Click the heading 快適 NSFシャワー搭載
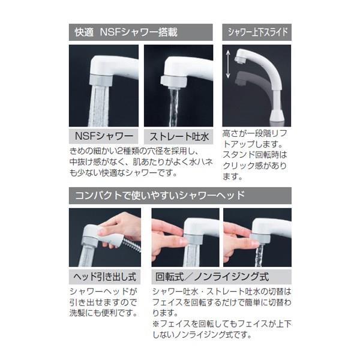point(126,32)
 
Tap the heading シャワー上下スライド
point(257,32)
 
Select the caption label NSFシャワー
point(104,136)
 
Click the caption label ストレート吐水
point(179,137)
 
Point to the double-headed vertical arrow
point(228,64)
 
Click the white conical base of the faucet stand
point(278,115)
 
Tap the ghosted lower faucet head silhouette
point(244,79)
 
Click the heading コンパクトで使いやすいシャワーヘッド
point(160,196)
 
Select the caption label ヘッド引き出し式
point(104,277)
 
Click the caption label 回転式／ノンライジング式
point(212,277)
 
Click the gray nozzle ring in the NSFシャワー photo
point(101,80)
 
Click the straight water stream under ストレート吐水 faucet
point(174,107)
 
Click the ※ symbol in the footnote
point(155,324)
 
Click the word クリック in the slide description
point(238,166)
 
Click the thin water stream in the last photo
point(259,256)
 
